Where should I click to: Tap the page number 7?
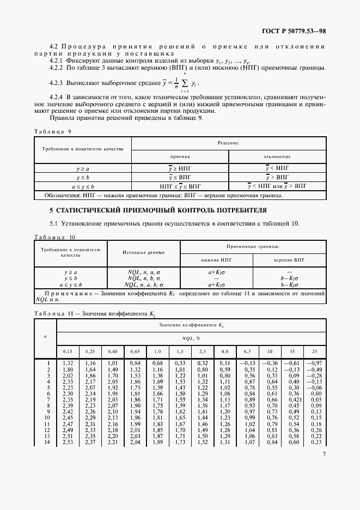[x=324, y=454]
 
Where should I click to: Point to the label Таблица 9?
[x=52, y=132]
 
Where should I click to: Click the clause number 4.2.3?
[x=56, y=84]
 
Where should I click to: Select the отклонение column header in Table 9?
[x=277, y=156]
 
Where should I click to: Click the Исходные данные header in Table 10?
[x=143, y=253]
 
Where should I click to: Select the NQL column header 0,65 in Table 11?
[x=135, y=351]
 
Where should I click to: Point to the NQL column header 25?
[x=313, y=351]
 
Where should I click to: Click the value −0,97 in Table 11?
[x=313, y=363]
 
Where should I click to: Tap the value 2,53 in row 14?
[x=68, y=441]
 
